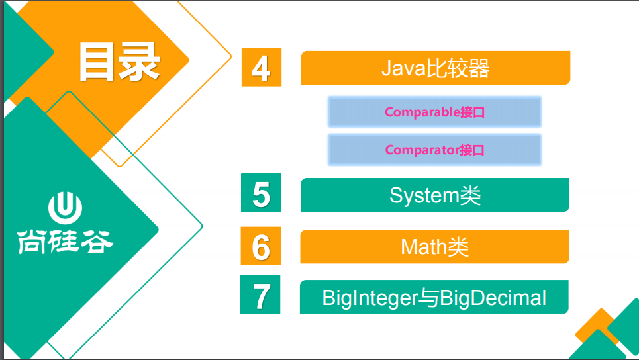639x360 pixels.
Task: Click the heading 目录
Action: [119, 62]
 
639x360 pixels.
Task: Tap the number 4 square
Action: [261, 67]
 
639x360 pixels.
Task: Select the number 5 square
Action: [261, 193]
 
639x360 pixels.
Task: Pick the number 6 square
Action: [260, 246]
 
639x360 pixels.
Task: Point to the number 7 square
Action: [260, 295]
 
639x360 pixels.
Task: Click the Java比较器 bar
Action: [435, 68]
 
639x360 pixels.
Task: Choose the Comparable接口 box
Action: [434, 112]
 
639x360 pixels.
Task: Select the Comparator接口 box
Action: [434, 150]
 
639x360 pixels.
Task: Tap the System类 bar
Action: [435, 195]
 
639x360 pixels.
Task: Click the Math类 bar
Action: [434, 247]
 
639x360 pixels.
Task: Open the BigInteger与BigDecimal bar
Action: [434, 297]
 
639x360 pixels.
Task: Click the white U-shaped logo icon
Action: [65, 208]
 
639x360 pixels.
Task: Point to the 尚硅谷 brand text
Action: [65, 242]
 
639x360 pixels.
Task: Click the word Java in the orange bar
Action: [404, 68]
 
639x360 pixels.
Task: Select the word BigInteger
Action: [370, 298]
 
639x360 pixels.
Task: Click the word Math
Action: [418, 247]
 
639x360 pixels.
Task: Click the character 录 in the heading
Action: [139, 62]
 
